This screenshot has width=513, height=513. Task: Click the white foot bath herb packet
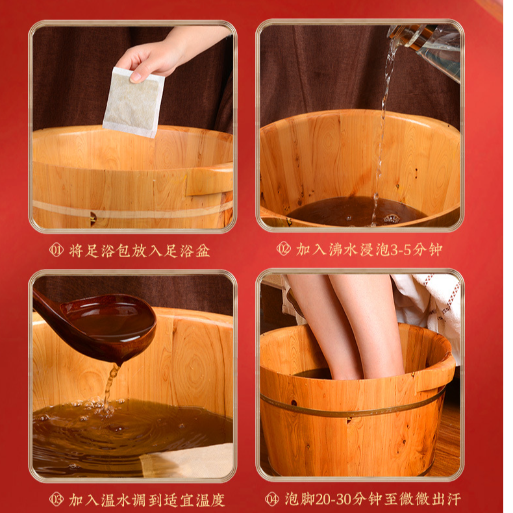134,102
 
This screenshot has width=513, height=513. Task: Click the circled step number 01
56,251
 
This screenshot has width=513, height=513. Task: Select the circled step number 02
283,249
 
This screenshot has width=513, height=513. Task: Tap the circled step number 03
56,499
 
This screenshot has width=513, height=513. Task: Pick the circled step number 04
272,499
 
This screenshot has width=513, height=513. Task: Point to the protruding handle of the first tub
209,179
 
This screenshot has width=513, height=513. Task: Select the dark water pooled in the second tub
357,211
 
